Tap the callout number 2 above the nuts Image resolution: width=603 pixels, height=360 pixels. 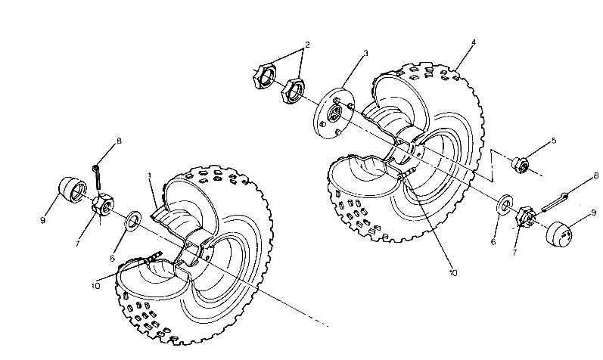click(x=307, y=45)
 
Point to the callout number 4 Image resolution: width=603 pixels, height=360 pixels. click(x=472, y=43)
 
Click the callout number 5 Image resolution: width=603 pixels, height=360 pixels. click(x=553, y=141)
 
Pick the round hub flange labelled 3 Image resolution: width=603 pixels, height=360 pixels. click(x=334, y=113)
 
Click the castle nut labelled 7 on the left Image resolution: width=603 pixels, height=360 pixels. click(x=103, y=205)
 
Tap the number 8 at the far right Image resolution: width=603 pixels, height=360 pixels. click(x=596, y=176)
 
